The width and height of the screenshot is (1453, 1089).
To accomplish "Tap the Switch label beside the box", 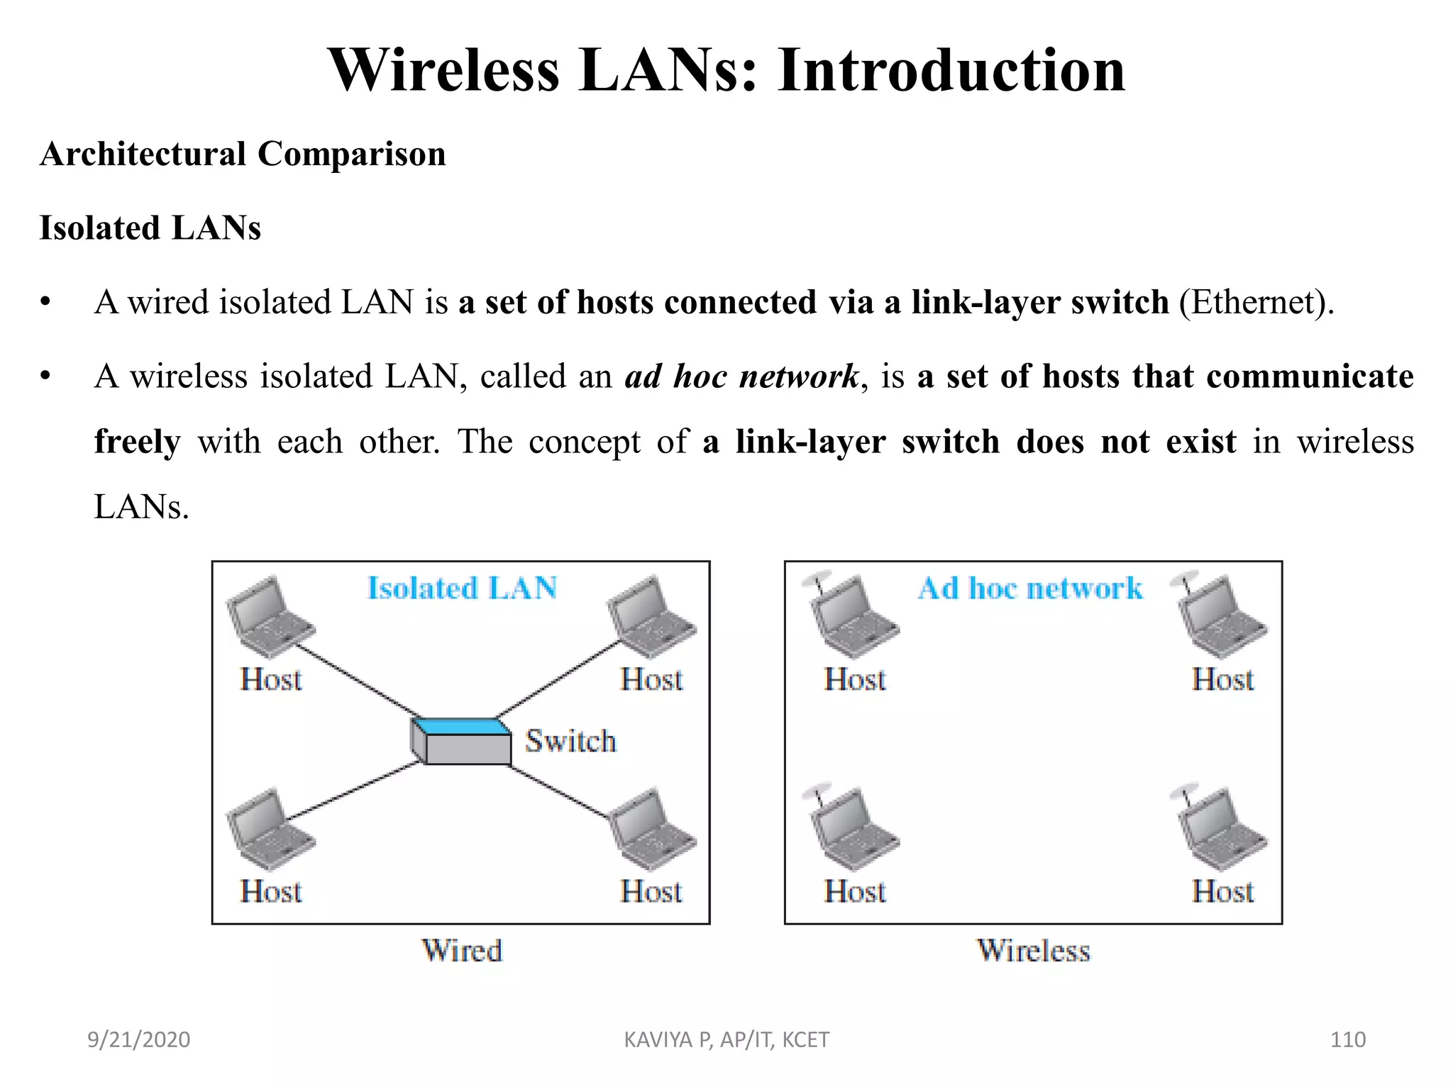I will pos(570,741).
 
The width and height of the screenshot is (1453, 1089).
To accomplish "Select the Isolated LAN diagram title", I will pos(462,588).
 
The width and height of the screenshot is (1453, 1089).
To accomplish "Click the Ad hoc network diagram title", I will pos(1030,588).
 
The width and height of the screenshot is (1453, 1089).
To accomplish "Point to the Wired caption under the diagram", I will pos(462,951).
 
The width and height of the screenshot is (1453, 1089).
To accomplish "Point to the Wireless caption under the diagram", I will pos(1033,951).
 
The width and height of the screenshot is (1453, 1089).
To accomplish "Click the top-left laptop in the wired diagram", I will pos(270,617).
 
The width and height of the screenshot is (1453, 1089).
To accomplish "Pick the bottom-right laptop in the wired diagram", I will pos(651,830).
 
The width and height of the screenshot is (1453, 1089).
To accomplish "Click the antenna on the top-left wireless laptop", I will pos(816,583).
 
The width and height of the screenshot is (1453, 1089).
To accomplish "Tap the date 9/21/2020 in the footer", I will pos(138,1039).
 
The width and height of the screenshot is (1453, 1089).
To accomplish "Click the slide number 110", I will pos(1347,1039).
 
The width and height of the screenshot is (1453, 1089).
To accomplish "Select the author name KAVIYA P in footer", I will pos(668,1039).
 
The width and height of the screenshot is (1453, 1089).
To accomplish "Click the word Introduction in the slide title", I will pos(951,71).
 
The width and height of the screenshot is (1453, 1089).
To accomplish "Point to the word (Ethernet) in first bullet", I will pos(1256,303).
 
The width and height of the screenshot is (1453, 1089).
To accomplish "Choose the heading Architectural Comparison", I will pos(243,154).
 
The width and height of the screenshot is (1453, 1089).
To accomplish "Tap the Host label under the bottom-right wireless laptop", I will pos(1222,892).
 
